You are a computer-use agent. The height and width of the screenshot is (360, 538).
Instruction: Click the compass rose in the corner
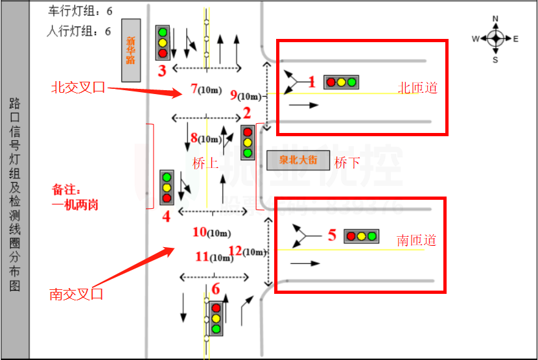point(495,38)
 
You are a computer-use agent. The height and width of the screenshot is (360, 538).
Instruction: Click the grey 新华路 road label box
point(131,51)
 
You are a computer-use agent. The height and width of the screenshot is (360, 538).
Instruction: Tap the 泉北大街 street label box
point(298,160)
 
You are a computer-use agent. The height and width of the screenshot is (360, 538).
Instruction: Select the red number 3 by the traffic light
point(163,70)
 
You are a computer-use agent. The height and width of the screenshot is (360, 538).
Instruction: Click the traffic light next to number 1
point(342,82)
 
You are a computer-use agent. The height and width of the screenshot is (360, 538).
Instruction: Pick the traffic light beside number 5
point(361,236)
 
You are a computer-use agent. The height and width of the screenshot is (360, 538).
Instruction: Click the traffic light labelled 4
point(167,187)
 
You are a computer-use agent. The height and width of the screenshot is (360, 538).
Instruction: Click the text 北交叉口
point(78,88)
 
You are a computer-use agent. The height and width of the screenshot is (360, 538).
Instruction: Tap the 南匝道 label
point(417,241)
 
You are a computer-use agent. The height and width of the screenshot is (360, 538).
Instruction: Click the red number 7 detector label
point(194,88)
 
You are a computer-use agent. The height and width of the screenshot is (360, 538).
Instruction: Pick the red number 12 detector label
point(236,250)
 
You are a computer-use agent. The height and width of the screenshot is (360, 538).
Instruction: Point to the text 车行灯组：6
point(80,12)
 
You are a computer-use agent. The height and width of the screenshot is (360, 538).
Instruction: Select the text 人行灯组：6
point(80,30)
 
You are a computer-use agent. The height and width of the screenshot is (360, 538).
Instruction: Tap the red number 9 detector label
point(234,95)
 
